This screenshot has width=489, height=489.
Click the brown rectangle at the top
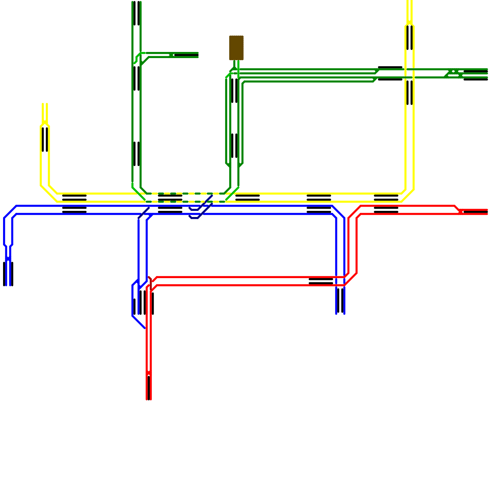click(236, 48)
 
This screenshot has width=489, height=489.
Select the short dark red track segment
click(150, 283)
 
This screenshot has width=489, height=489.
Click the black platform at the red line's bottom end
click(149, 388)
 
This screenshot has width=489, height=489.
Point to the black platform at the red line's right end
click(475, 211)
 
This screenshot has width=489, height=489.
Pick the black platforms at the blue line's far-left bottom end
click(8, 274)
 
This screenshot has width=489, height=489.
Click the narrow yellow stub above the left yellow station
click(45, 113)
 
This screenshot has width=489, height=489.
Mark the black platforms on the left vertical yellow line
click(45, 139)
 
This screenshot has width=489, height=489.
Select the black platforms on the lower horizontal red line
click(321, 281)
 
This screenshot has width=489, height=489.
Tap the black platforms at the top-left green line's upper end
click(137, 13)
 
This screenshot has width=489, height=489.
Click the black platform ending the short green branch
click(186, 55)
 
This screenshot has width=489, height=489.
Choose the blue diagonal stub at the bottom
click(138, 322)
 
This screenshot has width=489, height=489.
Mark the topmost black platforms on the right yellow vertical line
click(410, 38)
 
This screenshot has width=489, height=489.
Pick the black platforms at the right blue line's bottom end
click(340, 301)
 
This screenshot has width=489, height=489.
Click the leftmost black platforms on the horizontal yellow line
click(74, 198)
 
